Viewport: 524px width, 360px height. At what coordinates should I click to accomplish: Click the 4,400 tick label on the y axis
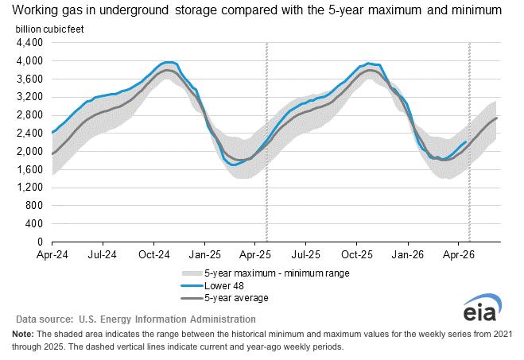pyautogui.click(x=29, y=43)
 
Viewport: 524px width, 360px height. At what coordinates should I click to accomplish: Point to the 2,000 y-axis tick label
pyautogui.click(x=29, y=151)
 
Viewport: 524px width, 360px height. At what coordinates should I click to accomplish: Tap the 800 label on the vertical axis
pyautogui.click(x=34, y=205)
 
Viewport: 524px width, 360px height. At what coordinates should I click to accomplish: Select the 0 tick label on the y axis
pyautogui.click(x=40, y=242)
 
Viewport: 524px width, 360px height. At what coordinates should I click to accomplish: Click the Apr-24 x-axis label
pyautogui.click(x=52, y=255)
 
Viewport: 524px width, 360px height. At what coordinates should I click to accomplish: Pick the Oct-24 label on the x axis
pyautogui.click(x=154, y=255)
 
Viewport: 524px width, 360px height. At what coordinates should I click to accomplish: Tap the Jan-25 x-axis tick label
pyautogui.click(x=205, y=255)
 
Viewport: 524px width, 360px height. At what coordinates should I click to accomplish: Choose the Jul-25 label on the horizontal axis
pyautogui.click(x=306, y=255)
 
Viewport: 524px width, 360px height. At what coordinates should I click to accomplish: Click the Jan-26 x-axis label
pyautogui.click(x=408, y=255)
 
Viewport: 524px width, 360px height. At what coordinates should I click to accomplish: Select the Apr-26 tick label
pyautogui.click(x=459, y=255)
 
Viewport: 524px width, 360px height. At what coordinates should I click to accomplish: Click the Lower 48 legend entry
pyautogui.click(x=212, y=286)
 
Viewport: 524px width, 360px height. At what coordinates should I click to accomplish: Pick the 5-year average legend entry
pyautogui.click(x=224, y=298)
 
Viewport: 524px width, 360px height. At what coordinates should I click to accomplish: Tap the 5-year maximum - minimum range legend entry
pyautogui.click(x=266, y=273)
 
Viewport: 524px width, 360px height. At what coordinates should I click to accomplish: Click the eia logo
pyautogui.click(x=482, y=308)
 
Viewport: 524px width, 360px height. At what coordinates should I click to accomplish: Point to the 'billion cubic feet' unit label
pyautogui.click(x=49, y=29)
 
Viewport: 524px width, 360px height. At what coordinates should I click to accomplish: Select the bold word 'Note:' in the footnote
pyautogui.click(x=23, y=334)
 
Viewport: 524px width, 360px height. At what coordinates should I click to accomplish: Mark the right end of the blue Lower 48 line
pyautogui.click(x=466, y=141)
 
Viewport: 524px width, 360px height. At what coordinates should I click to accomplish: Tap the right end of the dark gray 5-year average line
pyautogui.click(x=497, y=118)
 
